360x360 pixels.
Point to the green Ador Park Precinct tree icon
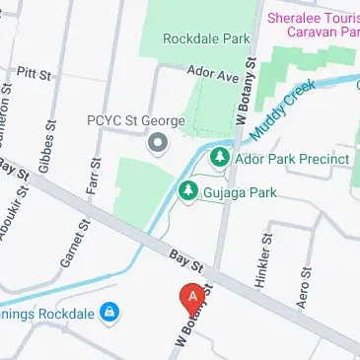pyautogui.click(x=219, y=158)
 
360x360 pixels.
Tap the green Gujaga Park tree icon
pyautogui.click(x=187, y=188)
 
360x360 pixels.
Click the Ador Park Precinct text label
pyautogui.click(x=292, y=159)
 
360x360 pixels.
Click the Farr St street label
pyautogui.click(x=96, y=176)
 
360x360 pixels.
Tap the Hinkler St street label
pyautogui.click(x=265, y=257)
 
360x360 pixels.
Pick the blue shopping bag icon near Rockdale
pyautogui.click(x=111, y=314)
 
